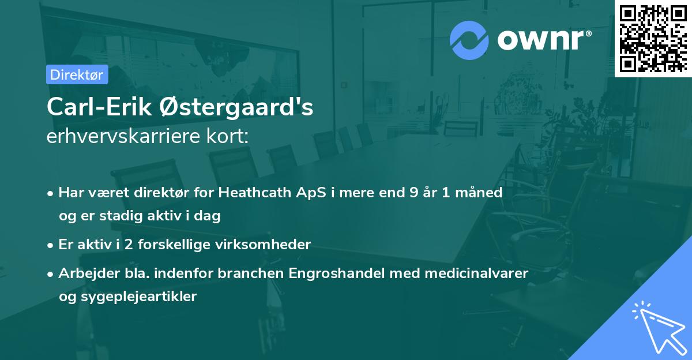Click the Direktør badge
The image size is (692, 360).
coord(77,74)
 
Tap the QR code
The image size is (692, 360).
coord(653,39)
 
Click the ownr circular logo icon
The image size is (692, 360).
coord(469,40)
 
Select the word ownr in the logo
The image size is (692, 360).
coord(540,40)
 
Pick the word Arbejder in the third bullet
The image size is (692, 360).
coord(85,273)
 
